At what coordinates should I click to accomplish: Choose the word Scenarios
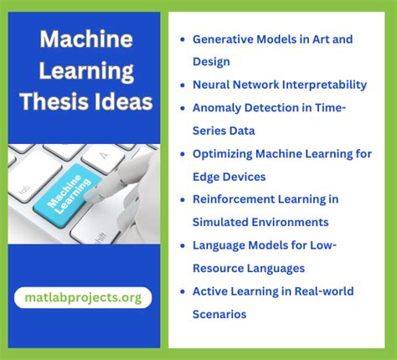[x=219, y=314]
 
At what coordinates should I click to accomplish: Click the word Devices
[x=243, y=176]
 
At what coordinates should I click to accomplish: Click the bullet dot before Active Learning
[x=183, y=292]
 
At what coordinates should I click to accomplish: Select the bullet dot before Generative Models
[x=183, y=39]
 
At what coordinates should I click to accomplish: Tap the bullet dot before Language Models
[x=183, y=246]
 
